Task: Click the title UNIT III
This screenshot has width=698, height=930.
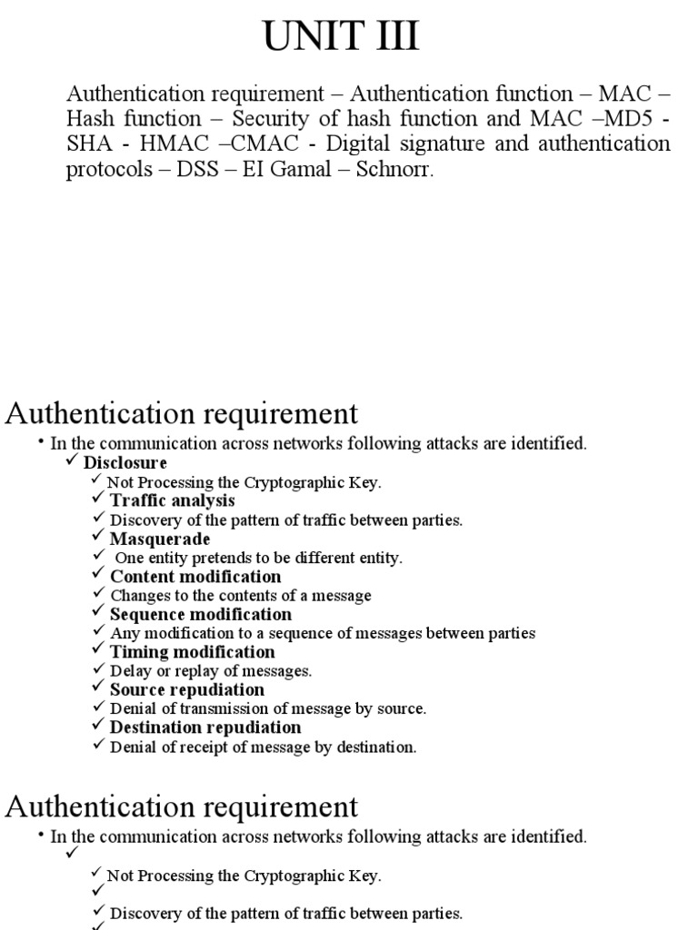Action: pos(341,37)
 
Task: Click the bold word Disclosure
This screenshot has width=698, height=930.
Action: pos(125,463)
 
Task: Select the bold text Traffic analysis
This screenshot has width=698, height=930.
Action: pos(172,500)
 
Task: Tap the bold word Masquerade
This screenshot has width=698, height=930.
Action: pos(160,539)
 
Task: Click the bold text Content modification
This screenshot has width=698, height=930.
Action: pos(195,577)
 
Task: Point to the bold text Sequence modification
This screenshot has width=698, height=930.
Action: pos(201,615)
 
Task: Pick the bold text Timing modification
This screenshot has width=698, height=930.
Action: pos(192,652)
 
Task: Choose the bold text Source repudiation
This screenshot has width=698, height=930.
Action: pos(187,690)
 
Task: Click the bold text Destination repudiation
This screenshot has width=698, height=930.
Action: pos(205,727)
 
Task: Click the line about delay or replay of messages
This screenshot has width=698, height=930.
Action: pos(211,671)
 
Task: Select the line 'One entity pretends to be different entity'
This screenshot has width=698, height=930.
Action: pos(258,558)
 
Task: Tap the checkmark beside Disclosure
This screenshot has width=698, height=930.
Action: pos(73,462)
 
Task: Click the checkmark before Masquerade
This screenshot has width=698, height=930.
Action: pos(98,538)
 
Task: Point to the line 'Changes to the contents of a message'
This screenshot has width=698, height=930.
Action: pos(241,596)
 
